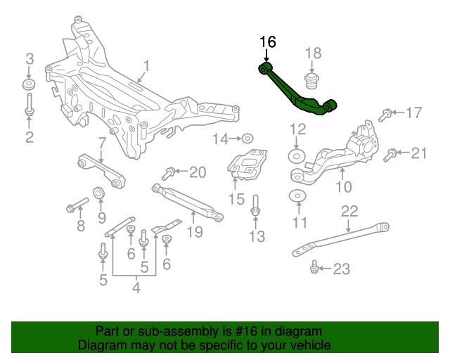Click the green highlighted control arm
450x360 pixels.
tap(295, 91)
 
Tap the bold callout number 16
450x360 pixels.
tap(267, 42)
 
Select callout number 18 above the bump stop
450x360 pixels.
tap(313, 53)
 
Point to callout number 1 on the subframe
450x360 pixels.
tap(147, 67)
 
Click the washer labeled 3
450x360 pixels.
tap(29, 85)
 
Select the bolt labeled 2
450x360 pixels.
tap(29, 105)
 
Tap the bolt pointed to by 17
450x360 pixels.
tap(386, 113)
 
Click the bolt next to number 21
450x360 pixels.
tap(391, 154)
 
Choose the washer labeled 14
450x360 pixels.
tap(248, 139)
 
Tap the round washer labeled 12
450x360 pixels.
tap(297, 155)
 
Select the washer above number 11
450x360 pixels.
tap(298, 196)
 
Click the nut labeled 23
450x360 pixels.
tap(314, 267)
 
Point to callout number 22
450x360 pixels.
tap(349, 211)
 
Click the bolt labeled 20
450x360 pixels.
tap(169, 172)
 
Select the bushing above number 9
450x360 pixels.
tap(100, 193)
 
